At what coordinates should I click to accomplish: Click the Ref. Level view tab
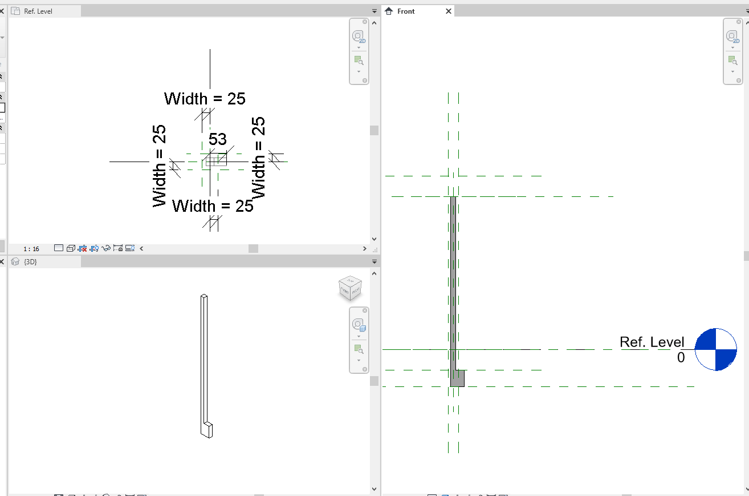click(x=38, y=11)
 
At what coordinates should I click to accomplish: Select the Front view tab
click(x=406, y=11)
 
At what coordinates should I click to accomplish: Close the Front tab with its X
click(x=449, y=11)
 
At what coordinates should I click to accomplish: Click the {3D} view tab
click(x=30, y=261)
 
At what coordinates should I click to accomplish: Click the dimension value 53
click(x=217, y=139)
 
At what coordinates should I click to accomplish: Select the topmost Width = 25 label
click(x=205, y=99)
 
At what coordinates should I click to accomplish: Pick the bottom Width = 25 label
click(x=213, y=205)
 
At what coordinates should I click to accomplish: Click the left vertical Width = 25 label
click(x=159, y=166)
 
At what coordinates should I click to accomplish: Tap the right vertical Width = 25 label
click(x=259, y=158)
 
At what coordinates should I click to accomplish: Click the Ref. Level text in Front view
click(x=652, y=342)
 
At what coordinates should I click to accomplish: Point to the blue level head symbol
click(x=716, y=349)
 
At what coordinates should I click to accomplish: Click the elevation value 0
click(x=681, y=358)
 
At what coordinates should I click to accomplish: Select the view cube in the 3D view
click(x=349, y=288)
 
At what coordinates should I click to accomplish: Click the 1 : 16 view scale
click(x=31, y=249)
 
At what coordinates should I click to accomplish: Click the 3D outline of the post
click(x=204, y=360)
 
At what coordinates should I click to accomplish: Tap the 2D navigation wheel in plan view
click(x=359, y=37)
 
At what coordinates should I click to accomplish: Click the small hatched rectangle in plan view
click(x=216, y=161)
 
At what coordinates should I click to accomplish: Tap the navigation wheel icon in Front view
click(x=732, y=37)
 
